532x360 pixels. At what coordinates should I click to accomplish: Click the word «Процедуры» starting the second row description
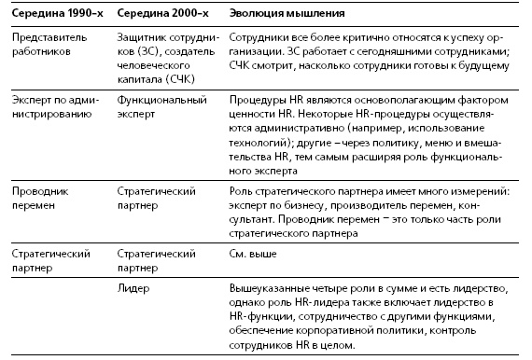click(x=255, y=99)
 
